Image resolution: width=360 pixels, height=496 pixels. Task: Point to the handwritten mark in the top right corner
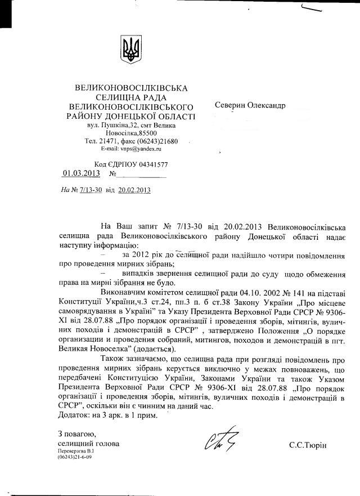(x=319, y=8)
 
